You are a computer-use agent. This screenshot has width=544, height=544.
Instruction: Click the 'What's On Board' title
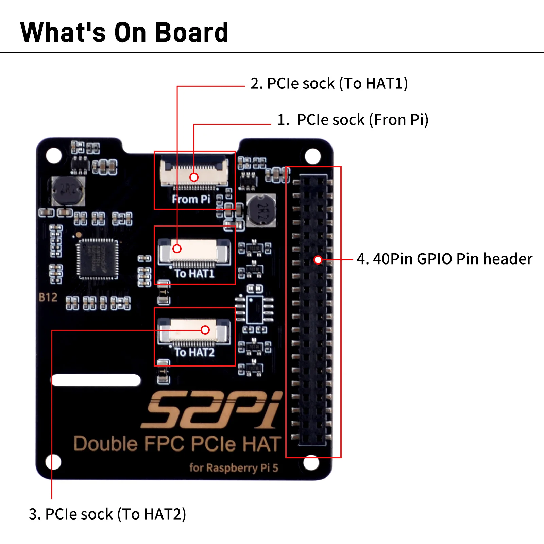pyautogui.click(x=124, y=32)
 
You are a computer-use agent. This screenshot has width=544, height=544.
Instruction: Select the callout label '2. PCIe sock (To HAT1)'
pyautogui.click(x=329, y=84)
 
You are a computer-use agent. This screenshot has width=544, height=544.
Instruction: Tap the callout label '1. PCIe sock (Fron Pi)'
pyautogui.click(x=353, y=120)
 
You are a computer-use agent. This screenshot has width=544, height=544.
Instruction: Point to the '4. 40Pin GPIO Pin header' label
pyautogui.click(x=444, y=259)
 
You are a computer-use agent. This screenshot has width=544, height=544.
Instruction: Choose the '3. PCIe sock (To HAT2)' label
pyautogui.click(x=107, y=514)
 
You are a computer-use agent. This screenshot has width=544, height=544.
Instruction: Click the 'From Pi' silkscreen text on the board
pyautogui.click(x=191, y=199)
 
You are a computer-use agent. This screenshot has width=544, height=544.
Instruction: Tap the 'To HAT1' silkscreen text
pyautogui.click(x=194, y=273)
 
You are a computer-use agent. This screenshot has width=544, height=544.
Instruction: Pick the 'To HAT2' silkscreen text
pyautogui.click(x=194, y=352)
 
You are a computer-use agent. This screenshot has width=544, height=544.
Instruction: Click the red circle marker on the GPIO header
pyautogui.click(x=318, y=260)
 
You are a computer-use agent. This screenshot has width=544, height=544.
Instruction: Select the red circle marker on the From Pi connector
pyautogui.click(x=194, y=177)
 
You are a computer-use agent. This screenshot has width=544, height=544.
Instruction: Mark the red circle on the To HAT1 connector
pyautogui.click(x=177, y=249)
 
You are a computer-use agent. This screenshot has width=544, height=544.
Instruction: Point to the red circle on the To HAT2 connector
pyautogui.click(x=205, y=330)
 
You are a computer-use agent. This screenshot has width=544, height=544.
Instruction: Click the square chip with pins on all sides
pyautogui.click(x=98, y=259)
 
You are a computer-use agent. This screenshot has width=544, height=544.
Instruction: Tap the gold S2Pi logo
pyautogui.click(x=211, y=410)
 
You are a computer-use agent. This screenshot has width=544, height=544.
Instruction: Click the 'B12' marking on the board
pyautogui.click(x=48, y=297)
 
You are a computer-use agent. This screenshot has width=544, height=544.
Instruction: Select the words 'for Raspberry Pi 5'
pyautogui.click(x=234, y=468)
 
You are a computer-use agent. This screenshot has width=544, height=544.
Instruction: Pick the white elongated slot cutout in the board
pyautogui.click(x=96, y=380)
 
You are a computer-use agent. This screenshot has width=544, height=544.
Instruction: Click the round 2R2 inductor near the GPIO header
pyautogui.click(x=261, y=210)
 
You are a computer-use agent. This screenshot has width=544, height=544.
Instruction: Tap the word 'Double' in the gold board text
pyautogui.click(x=105, y=444)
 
